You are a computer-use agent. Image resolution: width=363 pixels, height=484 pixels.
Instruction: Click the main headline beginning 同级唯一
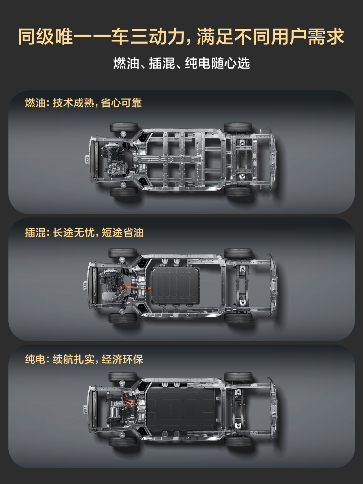(181, 37)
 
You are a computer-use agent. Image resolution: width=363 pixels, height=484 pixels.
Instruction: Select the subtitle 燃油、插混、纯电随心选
(182, 63)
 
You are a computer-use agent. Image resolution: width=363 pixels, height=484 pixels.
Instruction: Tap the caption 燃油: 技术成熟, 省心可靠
(83, 103)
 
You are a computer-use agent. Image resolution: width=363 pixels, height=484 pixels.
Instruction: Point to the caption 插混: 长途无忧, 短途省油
(84, 232)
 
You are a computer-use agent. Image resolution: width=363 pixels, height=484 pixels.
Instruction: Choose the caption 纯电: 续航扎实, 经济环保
(84, 359)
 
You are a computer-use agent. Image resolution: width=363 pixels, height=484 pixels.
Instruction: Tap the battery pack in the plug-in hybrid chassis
(176, 286)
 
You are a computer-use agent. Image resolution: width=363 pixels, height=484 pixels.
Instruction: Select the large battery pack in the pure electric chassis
(180, 409)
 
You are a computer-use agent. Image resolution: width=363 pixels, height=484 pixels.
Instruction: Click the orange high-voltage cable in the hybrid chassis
(137, 288)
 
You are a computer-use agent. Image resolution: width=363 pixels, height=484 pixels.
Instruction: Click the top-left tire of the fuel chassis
(124, 128)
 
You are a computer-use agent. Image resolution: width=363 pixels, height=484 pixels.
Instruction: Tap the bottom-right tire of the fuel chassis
(238, 191)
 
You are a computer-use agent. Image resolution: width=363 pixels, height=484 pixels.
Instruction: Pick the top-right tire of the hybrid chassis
(238, 253)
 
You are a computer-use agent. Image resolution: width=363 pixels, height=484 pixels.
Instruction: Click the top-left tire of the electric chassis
(123, 377)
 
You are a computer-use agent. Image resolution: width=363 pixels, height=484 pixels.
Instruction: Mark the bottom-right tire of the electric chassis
(238, 442)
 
